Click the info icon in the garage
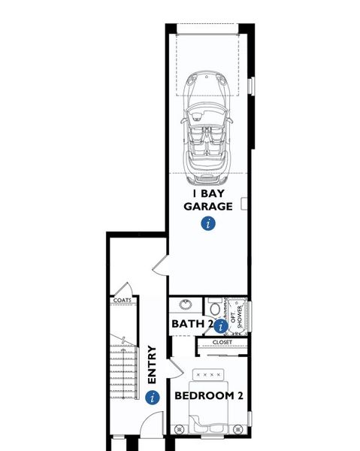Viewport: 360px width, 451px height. (208, 223)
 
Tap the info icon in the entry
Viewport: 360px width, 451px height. (153, 397)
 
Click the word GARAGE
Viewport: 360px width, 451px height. (207, 204)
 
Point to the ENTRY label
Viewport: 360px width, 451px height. (153, 365)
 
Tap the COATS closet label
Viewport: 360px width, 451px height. (122, 300)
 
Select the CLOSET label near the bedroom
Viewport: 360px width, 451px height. (222, 342)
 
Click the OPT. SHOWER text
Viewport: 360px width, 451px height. (237, 317)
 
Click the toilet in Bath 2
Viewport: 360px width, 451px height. (214, 309)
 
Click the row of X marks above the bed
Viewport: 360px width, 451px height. (210, 374)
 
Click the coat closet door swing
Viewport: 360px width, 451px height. (128, 289)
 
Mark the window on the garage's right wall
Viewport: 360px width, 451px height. (250, 84)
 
